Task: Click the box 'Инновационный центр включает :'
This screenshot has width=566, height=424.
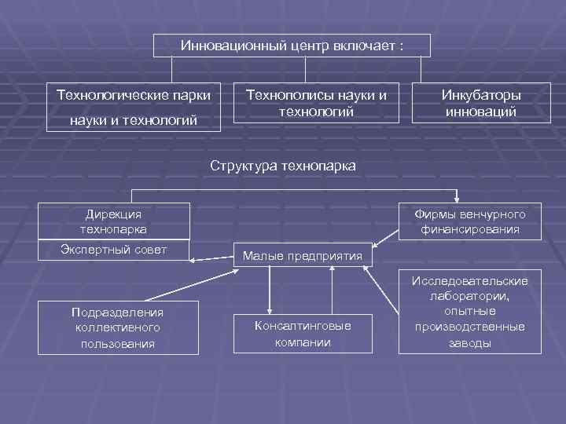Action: click(x=292, y=46)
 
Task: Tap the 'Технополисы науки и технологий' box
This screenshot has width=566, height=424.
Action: click(x=317, y=103)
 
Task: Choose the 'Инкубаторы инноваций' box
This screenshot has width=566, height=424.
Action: click(x=480, y=103)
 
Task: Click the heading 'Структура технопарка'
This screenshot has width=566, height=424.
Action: click(x=282, y=166)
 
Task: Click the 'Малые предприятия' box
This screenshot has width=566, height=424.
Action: click(x=303, y=254)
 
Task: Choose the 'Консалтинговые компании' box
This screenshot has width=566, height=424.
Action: click(x=303, y=334)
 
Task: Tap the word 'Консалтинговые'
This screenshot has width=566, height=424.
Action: click(x=303, y=326)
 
